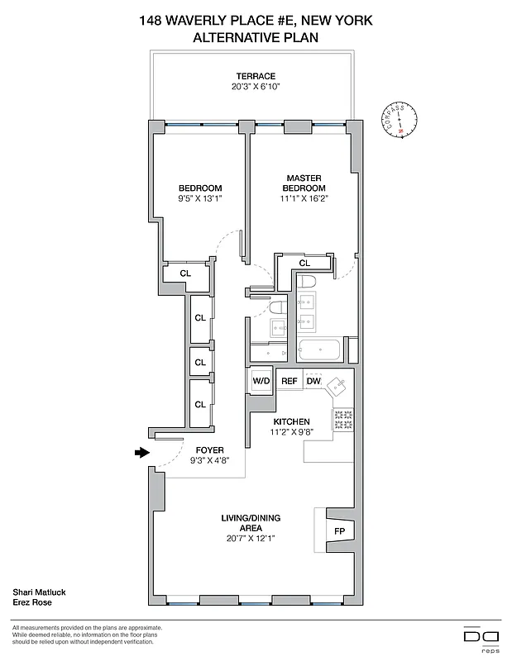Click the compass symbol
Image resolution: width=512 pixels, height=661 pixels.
pos(400,121)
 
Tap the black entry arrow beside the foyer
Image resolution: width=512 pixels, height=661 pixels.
pos(142,452)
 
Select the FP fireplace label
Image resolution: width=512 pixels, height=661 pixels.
pos(339,530)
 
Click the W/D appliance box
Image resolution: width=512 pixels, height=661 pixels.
pos(261,381)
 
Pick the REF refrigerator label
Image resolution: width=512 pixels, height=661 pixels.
pos(289,381)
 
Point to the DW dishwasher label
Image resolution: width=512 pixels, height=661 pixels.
pos(313,381)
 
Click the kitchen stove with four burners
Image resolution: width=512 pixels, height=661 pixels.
pos(342,420)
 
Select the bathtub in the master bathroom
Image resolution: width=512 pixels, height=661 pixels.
pos(320,350)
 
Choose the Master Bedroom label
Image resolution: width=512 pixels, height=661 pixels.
pos(304,183)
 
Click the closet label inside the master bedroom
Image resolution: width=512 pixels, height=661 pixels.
pos(304,263)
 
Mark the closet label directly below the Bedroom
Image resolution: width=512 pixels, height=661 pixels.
pos(185,273)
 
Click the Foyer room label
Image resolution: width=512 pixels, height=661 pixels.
pos(187,450)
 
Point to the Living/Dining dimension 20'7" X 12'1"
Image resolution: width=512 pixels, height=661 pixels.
pos(251,538)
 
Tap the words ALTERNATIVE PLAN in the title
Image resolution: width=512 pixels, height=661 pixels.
pos(256,37)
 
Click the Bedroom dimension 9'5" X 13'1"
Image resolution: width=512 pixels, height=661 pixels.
pos(200,198)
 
